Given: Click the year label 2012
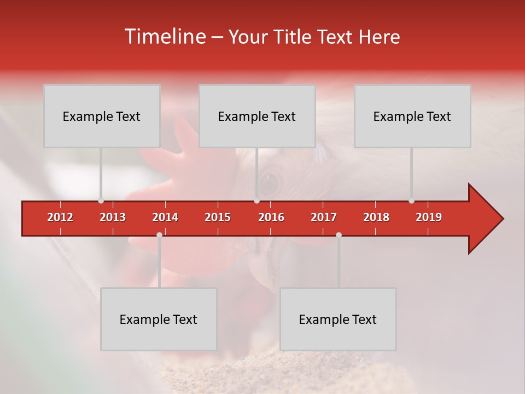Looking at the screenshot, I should (x=60, y=217).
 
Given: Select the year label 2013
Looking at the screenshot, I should (x=113, y=217).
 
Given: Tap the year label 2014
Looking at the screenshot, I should (x=165, y=217).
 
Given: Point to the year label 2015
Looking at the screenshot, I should (x=218, y=217).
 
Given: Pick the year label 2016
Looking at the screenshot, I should (x=271, y=217).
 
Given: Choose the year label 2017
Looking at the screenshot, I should (x=324, y=217).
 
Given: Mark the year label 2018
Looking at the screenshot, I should (x=376, y=217).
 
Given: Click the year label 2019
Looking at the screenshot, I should (x=429, y=217).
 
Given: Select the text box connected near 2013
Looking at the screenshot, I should (x=102, y=116).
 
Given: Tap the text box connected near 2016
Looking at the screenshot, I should (x=257, y=116).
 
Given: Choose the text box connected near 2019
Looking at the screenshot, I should (x=412, y=116).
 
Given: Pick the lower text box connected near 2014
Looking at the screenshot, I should (x=159, y=319).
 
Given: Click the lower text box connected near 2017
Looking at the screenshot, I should (x=338, y=319).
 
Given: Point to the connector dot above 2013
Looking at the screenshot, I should (x=101, y=201).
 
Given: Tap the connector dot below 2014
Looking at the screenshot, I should (x=159, y=235).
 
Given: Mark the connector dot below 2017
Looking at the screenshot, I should (x=339, y=235).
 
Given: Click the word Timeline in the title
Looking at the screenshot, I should (x=165, y=37).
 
